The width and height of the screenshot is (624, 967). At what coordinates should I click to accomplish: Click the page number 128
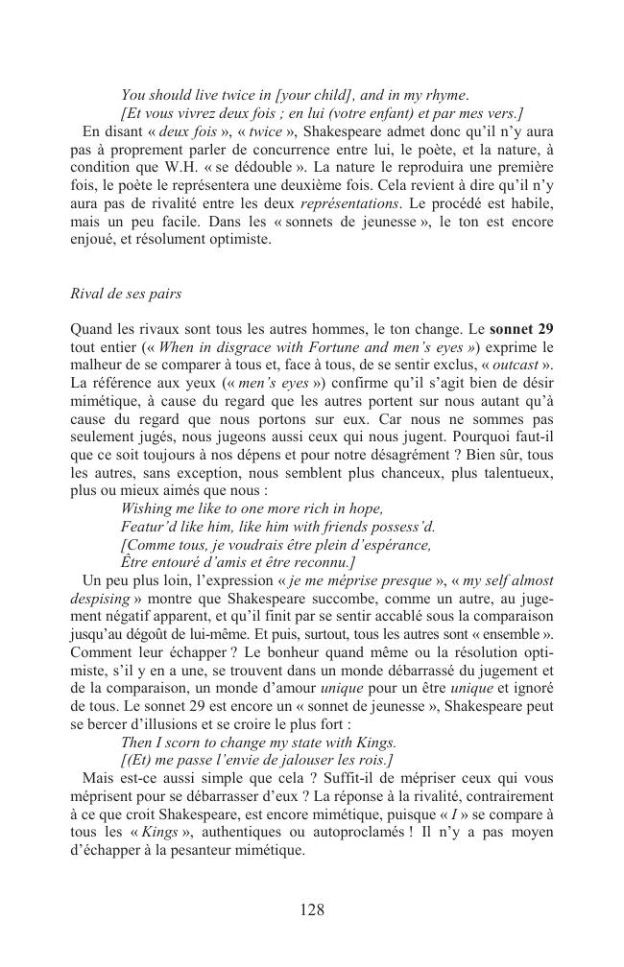(x=312, y=910)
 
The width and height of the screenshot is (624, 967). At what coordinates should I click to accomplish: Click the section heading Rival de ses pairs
(x=125, y=293)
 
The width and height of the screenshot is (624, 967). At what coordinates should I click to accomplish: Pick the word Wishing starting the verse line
(x=147, y=509)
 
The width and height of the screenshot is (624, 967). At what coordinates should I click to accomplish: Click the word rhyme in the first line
(x=444, y=95)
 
